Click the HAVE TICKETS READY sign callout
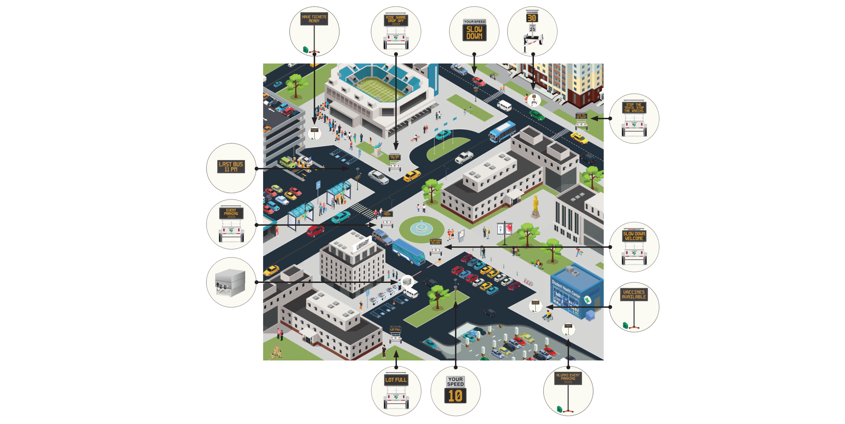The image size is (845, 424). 314,31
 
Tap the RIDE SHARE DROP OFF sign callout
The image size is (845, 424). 396,31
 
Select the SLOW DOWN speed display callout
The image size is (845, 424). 474,31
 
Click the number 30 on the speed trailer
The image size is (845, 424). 532,18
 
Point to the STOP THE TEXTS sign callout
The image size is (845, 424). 634,119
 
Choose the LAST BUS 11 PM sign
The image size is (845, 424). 231,167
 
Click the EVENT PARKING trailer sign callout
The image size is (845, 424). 231,225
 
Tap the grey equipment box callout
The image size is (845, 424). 231,283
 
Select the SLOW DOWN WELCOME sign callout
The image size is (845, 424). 634,247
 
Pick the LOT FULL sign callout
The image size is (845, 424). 396,391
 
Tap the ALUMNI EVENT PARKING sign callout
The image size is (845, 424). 568,391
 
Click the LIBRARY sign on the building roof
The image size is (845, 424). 362,244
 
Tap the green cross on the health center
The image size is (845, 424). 587,300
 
